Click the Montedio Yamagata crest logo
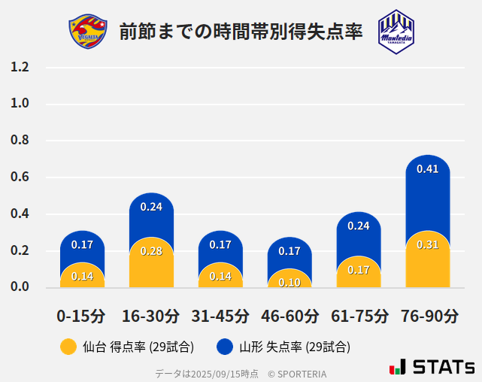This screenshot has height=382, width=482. (x=396, y=31)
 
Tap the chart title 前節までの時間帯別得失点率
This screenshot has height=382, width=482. (x=241, y=32)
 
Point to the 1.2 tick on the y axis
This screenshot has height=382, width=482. (x=20, y=68)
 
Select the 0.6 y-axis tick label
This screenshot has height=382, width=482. (x=20, y=177)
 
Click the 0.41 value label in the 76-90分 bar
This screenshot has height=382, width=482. (x=427, y=169)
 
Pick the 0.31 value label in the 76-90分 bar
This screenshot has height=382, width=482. (x=427, y=244)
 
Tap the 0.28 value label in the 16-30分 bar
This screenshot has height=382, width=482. (x=151, y=250)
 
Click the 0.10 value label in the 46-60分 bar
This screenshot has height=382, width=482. (x=290, y=282)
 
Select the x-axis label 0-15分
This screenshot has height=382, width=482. (x=81, y=316)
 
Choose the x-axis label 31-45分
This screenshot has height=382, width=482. (x=220, y=316)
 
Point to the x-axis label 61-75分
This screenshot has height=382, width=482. (x=359, y=316)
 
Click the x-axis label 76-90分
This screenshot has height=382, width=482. (x=429, y=316)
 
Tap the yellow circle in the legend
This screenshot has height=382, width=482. (x=68, y=347)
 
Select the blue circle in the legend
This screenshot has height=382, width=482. (x=224, y=347)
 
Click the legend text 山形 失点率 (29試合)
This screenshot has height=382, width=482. (x=295, y=347)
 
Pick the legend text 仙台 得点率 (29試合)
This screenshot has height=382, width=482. (x=138, y=347)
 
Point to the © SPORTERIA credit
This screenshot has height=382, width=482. (x=297, y=374)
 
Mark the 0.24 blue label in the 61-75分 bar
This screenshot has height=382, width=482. (x=359, y=226)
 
